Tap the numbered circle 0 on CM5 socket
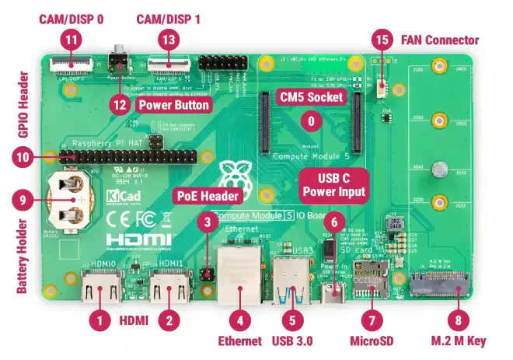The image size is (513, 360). pos(311,121)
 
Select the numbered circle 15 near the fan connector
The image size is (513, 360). pos(381,37)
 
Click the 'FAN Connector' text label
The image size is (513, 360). pos(439,40)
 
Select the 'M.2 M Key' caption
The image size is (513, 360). pos(459,341)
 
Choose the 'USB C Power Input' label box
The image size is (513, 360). pos(333,183)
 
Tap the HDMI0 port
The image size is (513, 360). pos(102,292)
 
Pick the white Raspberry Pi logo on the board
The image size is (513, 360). pos(231,177)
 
